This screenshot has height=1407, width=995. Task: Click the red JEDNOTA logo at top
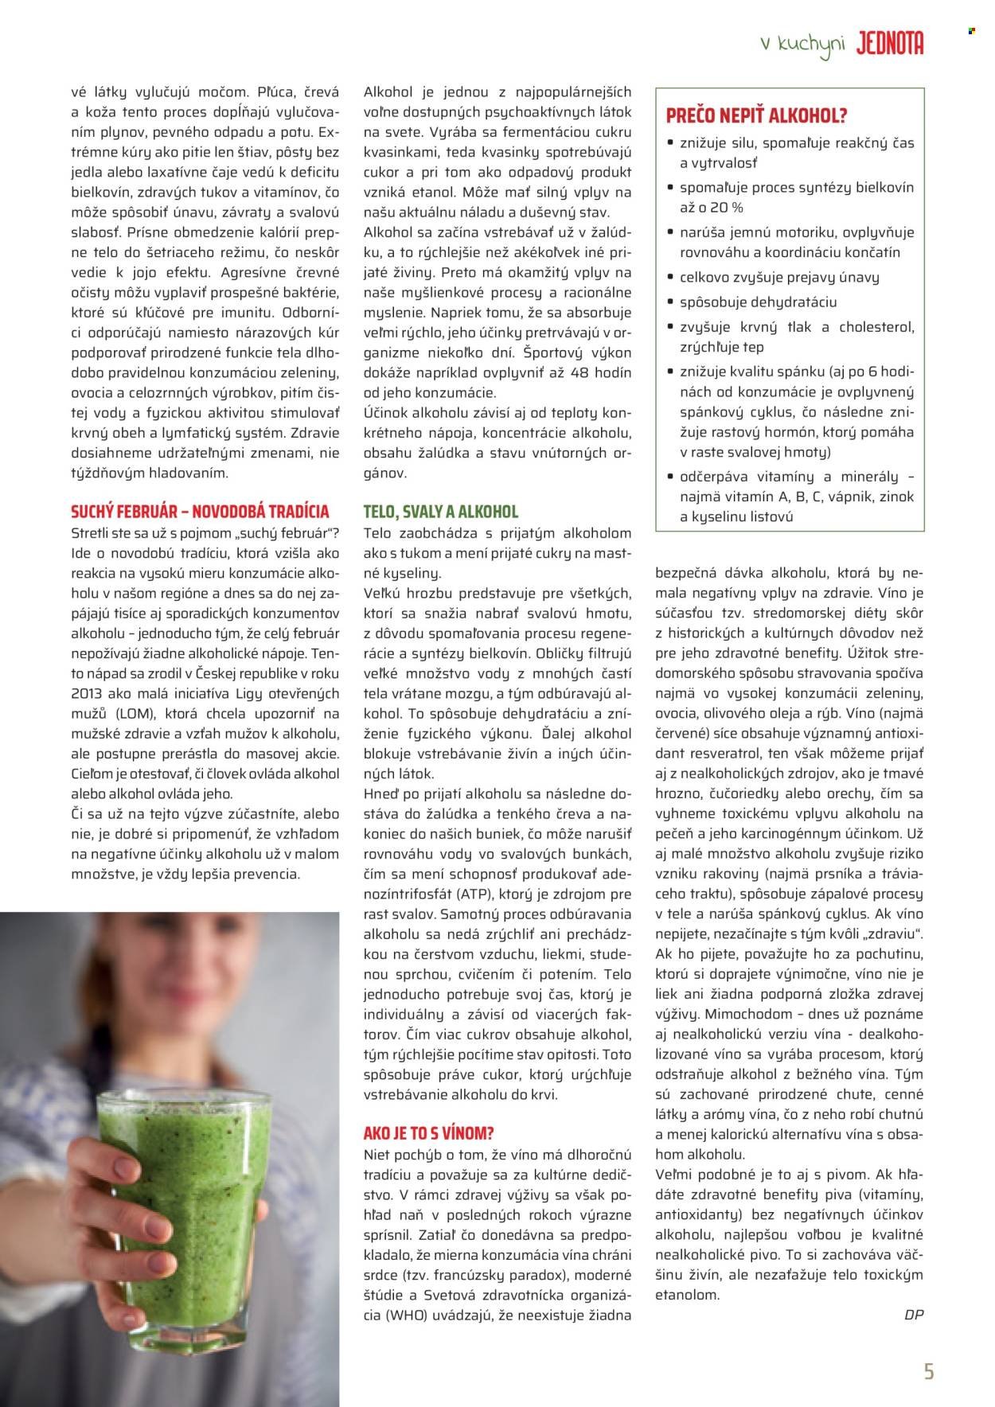tap(889, 45)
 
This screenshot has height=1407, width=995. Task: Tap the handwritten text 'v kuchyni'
tap(802, 46)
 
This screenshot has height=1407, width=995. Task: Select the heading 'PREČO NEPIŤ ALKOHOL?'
tap(755, 116)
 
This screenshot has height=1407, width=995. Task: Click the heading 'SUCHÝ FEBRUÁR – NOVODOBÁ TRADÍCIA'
tap(200, 511)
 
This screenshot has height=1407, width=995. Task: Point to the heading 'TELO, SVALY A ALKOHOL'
tap(440, 511)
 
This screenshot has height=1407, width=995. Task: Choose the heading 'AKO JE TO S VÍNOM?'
tap(427, 1133)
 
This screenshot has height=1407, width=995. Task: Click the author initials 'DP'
tap(914, 1315)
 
